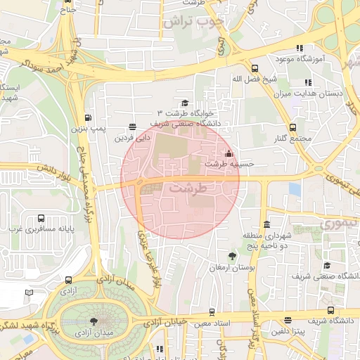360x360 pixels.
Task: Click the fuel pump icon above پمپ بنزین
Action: pyautogui.click(x=88, y=118)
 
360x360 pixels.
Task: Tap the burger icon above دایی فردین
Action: pyautogui.click(x=132, y=127)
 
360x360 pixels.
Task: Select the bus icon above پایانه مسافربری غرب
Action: pyautogui.click(x=41, y=218)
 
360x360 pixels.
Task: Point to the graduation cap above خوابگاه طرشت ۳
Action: pyautogui.click(x=185, y=103)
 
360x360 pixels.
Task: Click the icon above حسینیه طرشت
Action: pyautogui.click(x=228, y=153)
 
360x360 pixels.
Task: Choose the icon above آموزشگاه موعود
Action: pyautogui.click(x=300, y=48)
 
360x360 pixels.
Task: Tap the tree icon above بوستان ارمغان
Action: pyautogui.click(x=233, y=257)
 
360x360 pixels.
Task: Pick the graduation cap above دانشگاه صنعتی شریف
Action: pyautogui.click(x=326, y=265)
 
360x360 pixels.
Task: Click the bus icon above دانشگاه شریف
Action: pyautogui.click(x=330, y=310)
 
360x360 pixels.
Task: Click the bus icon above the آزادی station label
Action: pyautogui.click(x=68, y=280)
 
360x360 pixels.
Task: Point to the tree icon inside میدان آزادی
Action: pyautogui.click(x=94, y=322)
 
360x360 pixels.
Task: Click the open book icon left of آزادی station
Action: pyautogui.click(x=29, y=292)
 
